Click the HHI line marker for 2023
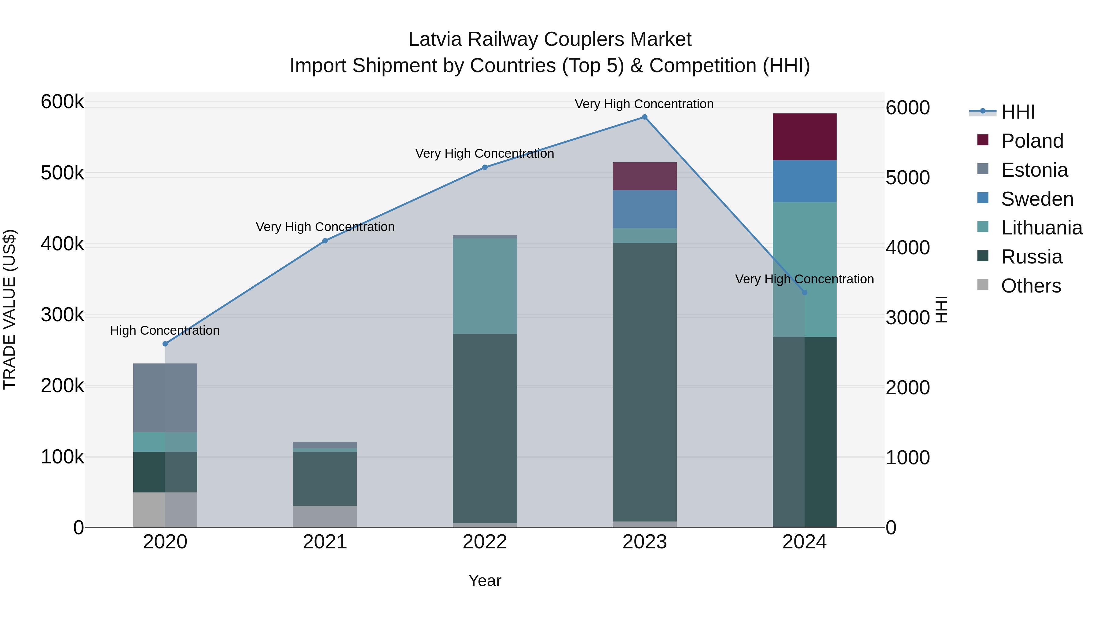(x=644, y=117)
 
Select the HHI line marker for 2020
(x=165, y=344)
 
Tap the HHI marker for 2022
(x=485, y=168)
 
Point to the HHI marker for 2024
(x=805, y=292)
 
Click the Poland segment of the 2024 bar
(x=805, y=137)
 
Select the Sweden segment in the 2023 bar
(x=644, y=209)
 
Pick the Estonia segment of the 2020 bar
(x=165, y=398)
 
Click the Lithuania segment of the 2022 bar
(x=485, y=286)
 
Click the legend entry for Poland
(x=1032, y=141)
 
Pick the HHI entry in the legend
(x=1018, y=112)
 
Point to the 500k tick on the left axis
(x=62, y=173)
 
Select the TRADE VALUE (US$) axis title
(x=10, y=309)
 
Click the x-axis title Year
(x=485, y=580)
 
